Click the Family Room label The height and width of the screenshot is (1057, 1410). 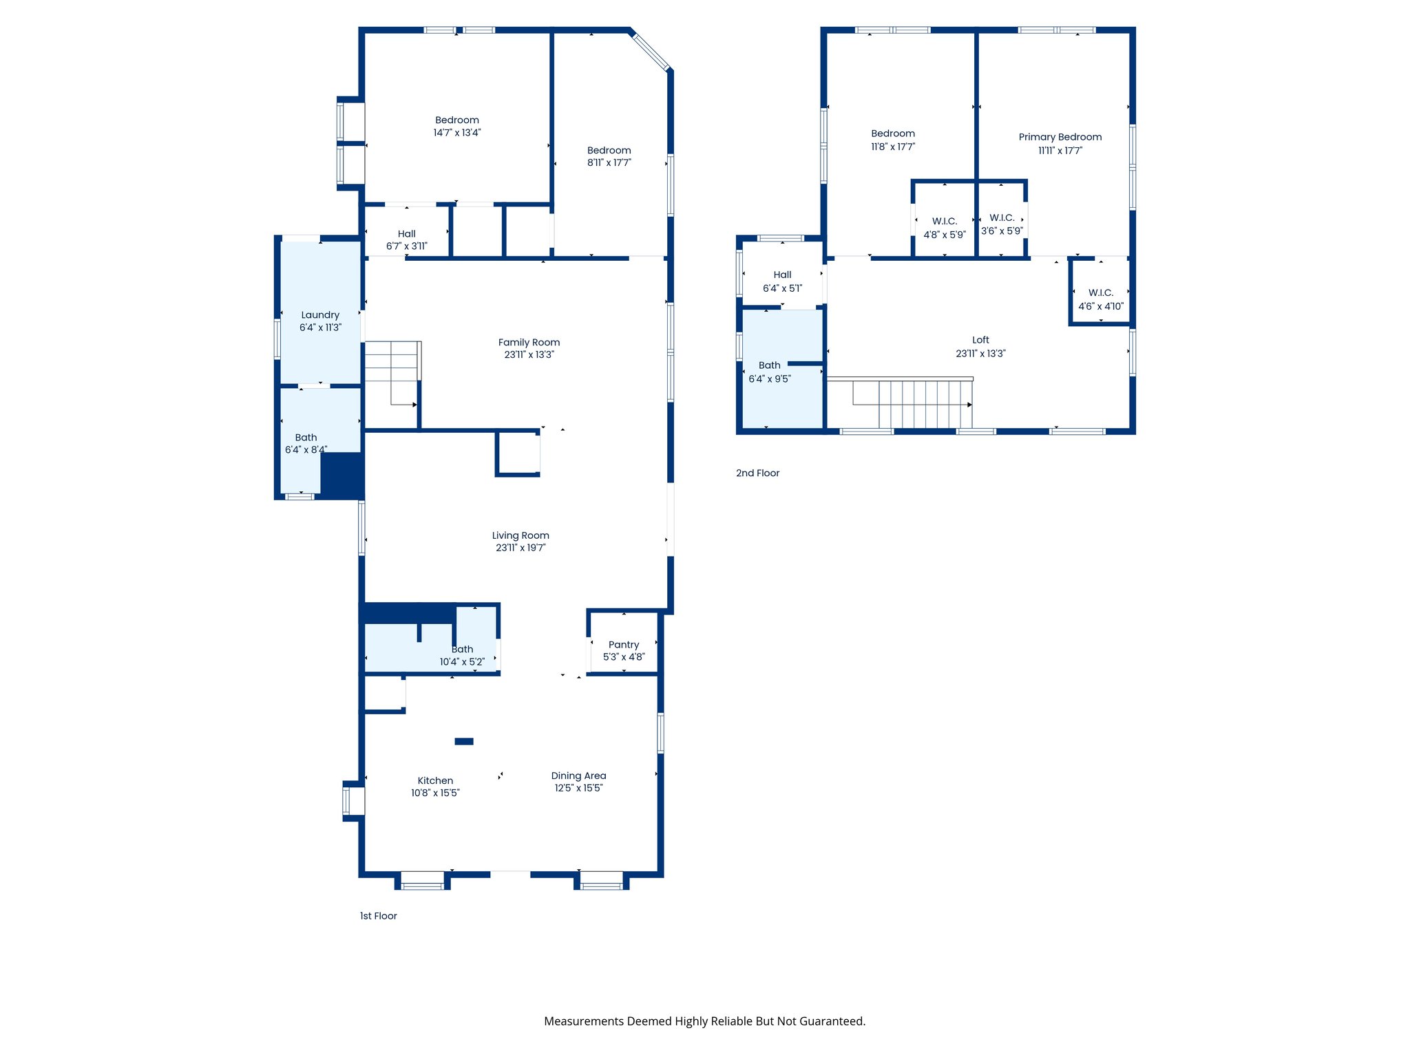529,342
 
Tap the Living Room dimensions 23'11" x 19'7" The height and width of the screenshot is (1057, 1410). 520,548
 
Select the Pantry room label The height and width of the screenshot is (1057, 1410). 624,645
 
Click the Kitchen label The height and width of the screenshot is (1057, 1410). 435,780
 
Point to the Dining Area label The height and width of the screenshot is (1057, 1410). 578,776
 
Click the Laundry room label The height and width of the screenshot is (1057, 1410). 320,315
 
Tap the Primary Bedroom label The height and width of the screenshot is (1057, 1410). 1060,137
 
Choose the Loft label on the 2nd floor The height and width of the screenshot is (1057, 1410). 980,340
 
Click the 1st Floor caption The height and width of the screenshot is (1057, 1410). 379,916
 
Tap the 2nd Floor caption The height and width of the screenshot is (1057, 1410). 757,473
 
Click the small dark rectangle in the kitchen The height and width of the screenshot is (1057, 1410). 464,741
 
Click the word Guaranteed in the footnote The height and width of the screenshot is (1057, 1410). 832,1021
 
